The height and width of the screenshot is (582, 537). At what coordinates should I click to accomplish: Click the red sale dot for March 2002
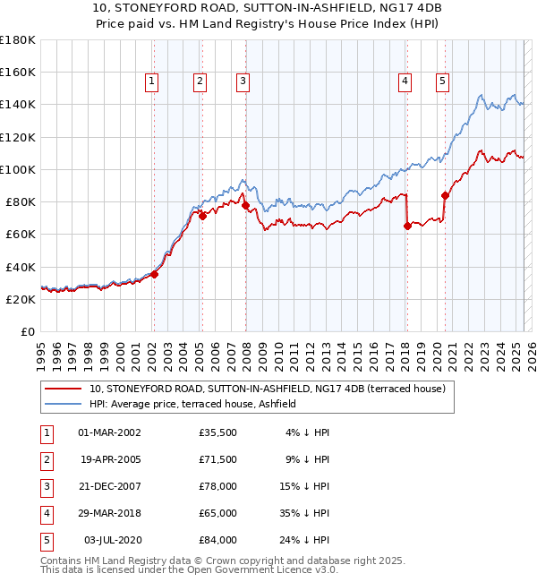coord(154,274)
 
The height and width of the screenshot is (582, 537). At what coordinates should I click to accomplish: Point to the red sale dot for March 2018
coord(407,227)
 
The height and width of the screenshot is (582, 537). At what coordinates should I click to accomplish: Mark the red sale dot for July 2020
coord(445,195)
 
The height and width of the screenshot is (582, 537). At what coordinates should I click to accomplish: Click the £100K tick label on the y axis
coord(17,169)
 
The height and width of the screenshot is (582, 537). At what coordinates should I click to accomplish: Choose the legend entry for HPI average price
coord(198,404)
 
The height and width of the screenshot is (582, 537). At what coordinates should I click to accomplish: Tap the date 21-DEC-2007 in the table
coord(109,488)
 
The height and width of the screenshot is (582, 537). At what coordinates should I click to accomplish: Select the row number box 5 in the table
coord(46,541)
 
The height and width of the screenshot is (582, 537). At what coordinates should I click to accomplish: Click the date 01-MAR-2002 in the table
coord(109,433)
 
